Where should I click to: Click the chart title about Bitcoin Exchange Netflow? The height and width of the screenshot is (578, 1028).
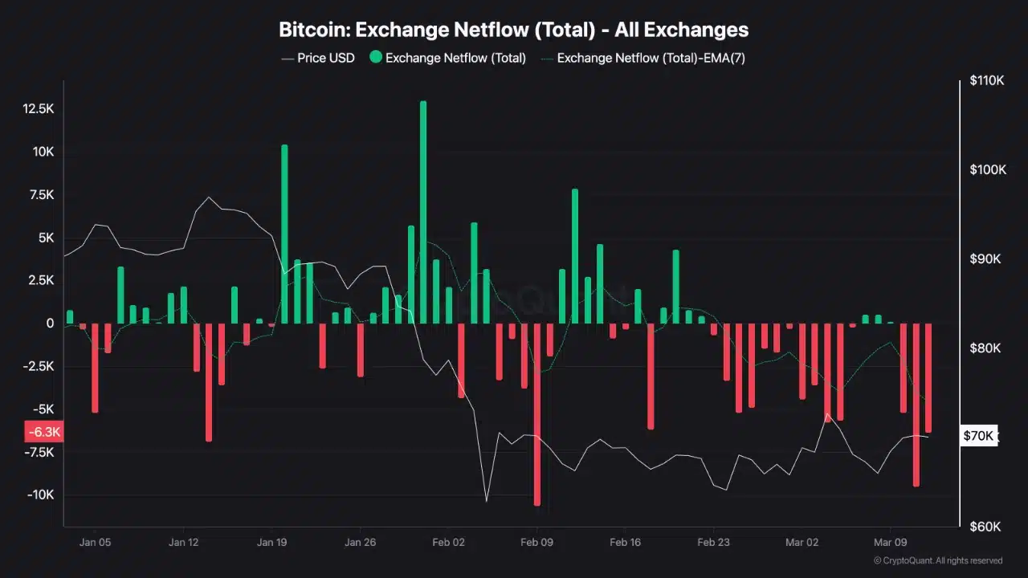513,30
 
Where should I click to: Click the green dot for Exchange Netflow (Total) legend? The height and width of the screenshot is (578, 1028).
375,58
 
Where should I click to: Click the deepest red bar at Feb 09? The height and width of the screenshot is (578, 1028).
537,413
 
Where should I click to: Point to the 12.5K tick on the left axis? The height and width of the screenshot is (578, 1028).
39,108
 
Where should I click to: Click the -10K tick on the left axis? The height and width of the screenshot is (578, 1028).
40,495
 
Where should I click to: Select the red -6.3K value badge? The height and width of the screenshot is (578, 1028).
43,433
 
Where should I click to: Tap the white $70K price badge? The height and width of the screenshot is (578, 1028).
979,436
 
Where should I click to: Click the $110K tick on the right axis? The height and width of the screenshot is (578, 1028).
987,81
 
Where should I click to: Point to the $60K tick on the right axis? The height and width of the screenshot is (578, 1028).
985,527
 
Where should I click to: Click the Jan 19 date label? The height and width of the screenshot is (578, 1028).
272,542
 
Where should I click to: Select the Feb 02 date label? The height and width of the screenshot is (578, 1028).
449,542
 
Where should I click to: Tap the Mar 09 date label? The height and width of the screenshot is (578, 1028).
889,542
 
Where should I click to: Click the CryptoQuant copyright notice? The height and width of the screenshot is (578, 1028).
937,560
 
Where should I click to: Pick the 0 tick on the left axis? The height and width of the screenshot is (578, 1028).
50,324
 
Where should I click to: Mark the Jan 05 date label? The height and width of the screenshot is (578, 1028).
95,542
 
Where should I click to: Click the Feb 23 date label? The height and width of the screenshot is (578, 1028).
713,542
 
